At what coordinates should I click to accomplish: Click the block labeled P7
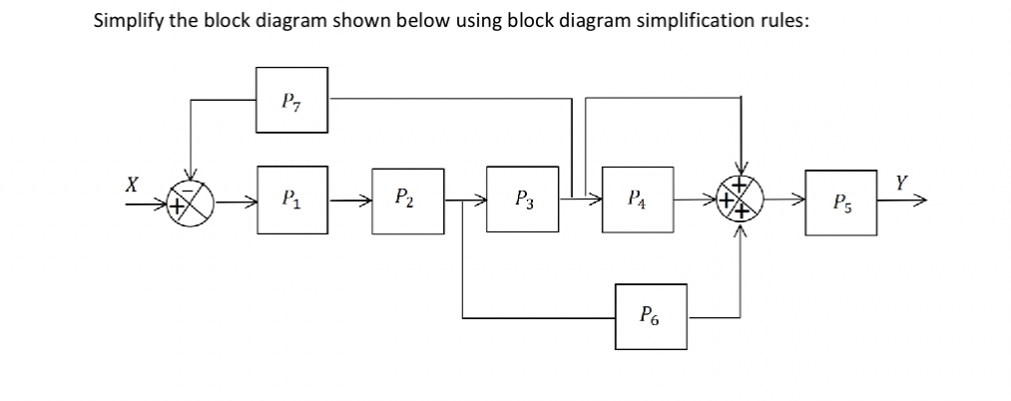(x=291, y=100)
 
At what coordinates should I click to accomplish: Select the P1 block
(x=291, y=200)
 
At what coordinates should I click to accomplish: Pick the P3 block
(x=522, y=200)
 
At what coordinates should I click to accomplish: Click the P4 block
(x=637, y=200)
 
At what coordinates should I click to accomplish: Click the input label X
(x=130, y=185)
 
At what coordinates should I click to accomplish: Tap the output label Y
(x=902, y=184)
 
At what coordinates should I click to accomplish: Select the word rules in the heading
(x=781, y=22)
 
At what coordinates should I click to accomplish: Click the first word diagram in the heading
(x=276, y=23)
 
